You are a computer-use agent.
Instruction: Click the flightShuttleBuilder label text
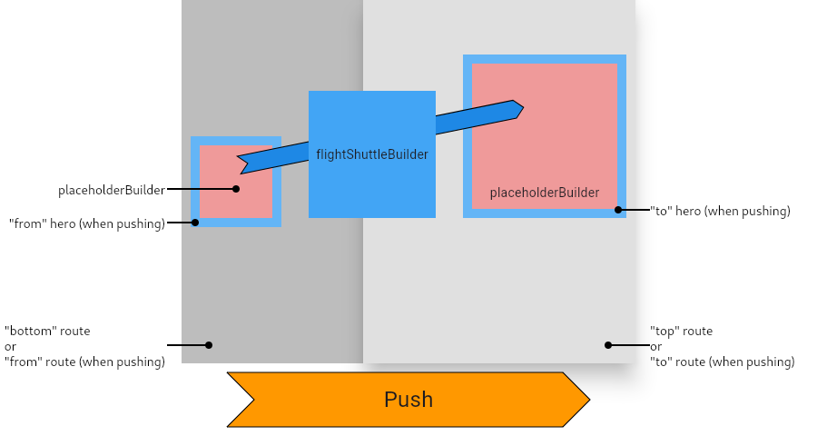point(372,154)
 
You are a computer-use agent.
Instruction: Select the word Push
point(408,400)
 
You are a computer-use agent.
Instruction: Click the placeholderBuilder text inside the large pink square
point(545,193)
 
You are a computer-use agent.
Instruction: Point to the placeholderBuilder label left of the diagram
point(112,190)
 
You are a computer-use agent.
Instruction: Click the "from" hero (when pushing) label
point(87,223)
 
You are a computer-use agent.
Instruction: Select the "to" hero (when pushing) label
point(720,211)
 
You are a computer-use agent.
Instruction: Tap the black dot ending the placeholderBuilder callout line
point(236,189)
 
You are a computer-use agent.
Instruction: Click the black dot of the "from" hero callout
point(195,222)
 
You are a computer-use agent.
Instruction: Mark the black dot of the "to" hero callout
point(618,210)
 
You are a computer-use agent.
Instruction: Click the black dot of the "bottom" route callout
point(209,345)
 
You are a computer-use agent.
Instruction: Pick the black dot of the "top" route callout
point(608,345)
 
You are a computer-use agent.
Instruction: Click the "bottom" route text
point(47,331)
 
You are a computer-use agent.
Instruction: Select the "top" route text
point(681,331)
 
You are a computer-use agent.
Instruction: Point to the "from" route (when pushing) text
point(84,362)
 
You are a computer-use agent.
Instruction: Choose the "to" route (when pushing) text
point(722,362)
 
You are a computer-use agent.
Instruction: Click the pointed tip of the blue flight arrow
point(523,109)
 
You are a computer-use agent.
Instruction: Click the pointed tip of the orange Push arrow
point(589,400)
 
